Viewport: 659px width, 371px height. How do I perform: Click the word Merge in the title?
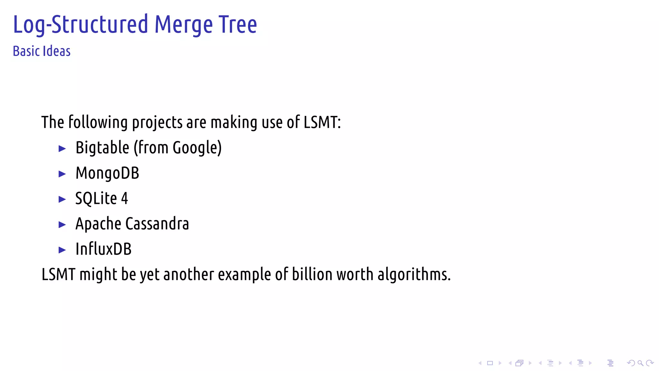pos(183,25)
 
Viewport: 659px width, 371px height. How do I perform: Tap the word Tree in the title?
pos(238,24)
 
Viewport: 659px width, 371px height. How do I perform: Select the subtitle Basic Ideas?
pos(42,51)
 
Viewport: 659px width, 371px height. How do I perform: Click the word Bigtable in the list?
pos(102,148)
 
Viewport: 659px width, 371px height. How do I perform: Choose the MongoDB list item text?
pos(107,173)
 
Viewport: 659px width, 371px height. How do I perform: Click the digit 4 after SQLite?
pos(124,198)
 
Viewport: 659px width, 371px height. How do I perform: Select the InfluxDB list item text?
pos(103,249)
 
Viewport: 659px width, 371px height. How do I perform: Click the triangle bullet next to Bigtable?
pos(62,148)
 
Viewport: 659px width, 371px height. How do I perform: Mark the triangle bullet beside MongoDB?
pos(62,174)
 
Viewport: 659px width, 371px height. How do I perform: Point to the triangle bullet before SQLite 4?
pos(62,199)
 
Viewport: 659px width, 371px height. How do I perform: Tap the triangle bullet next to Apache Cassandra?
pos(62,224)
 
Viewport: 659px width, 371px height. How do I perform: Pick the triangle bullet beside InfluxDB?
pos(62,250)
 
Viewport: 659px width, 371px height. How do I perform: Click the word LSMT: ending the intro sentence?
pos(322,122)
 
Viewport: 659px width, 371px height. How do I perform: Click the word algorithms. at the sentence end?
pos(414,274)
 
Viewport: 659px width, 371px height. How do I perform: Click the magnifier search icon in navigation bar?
pos(640,363)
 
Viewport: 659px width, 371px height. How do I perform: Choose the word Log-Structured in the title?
pos(80,25)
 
